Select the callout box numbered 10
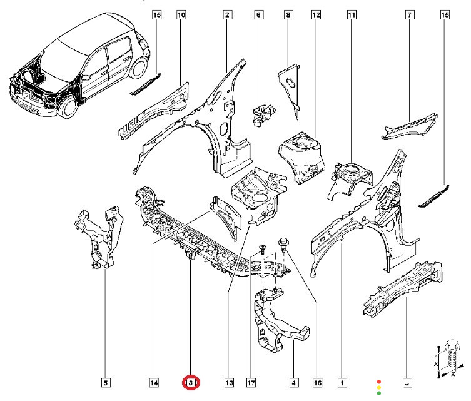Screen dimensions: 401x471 click(x=181, y=14)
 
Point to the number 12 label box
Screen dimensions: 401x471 click(x=316, y=14)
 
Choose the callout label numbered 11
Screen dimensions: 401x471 click(x=352, y=14)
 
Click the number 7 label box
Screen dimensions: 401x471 click(x=410, y=14)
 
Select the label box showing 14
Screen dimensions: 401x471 click(x=154, y=382)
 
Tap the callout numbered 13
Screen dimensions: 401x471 click(x=228, y=382)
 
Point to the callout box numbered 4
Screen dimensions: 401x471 click(x=292, y=382)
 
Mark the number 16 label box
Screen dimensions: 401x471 click(x=317, y=382)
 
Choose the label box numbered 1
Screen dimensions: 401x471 click(x=342, y=382)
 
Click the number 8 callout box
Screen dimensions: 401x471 click(x=288, y=14)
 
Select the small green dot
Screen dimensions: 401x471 click(x=379, y=393)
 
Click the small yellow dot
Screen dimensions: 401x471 click(x=379, y=387)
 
